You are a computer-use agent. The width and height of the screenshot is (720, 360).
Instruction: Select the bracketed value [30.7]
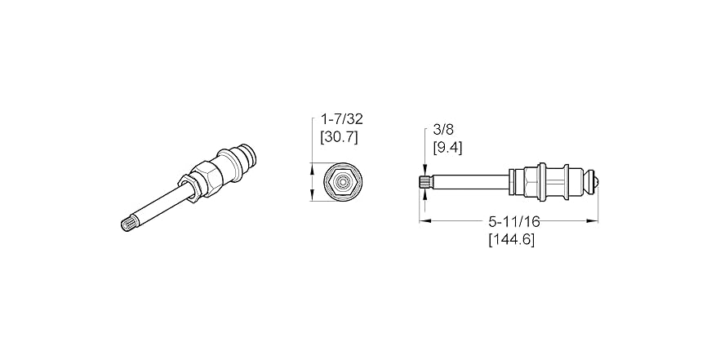[x=340, y=137]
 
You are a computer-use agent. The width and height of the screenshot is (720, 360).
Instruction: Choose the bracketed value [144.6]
[x=511, y=240]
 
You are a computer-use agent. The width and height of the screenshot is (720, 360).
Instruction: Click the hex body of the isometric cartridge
[x=207, y=176]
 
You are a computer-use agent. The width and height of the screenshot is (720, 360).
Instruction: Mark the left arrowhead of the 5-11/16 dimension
[x=423, y=220]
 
